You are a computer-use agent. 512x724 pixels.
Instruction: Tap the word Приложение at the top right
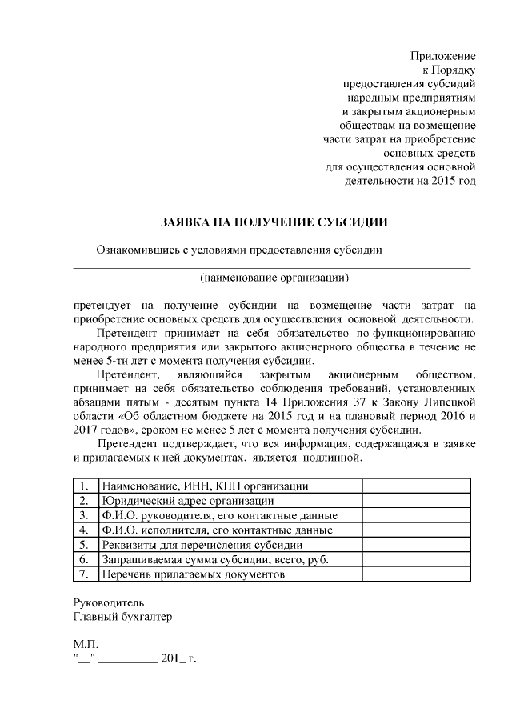pos(443,57)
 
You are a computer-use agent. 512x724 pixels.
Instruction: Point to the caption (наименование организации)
pos(274,278)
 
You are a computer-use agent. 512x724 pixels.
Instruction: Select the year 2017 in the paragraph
pos(85,430)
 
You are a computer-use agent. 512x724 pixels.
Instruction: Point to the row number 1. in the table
pos(84,486)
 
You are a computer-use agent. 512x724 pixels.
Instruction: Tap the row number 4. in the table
pos(84,530)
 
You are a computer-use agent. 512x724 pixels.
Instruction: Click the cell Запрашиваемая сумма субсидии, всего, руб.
pos(215,559)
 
